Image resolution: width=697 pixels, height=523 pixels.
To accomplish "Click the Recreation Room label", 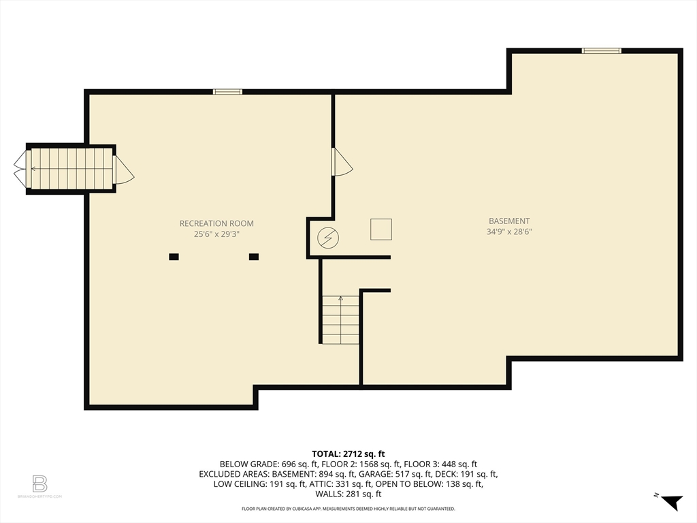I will [216, 223].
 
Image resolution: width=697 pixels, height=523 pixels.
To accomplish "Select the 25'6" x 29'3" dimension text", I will [216, 234].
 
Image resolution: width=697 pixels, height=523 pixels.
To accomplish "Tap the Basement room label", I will [509, 221].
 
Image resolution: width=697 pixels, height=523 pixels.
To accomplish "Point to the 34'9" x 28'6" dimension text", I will [509, 232].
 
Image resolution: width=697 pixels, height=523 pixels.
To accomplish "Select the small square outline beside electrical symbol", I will [381, 229].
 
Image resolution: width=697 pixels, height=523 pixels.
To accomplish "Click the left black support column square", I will [174, 257].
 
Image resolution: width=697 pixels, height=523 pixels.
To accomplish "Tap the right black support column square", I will [254, 257].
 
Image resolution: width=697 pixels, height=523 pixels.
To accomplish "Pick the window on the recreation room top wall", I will [227, 91].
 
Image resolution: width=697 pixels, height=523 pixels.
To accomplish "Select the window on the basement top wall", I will [601, 50].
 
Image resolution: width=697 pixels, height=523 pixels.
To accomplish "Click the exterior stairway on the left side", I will [69, 168].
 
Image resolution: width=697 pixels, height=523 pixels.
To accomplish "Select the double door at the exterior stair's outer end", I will [20, 169].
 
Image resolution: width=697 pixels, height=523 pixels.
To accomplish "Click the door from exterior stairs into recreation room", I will [123, 169].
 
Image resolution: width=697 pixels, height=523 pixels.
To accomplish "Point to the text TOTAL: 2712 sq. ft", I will [348, 454].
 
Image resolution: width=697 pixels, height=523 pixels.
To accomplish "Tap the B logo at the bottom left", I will [40, 484].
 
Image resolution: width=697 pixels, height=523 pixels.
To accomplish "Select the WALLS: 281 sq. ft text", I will [348, 494].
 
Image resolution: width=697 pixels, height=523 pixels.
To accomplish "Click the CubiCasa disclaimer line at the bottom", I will [348, 509].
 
